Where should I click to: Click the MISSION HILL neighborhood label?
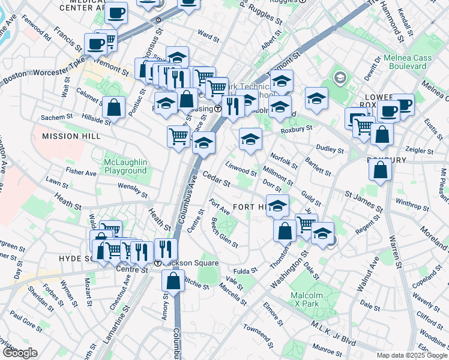coord(69,136)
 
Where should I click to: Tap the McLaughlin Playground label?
coord(125,166)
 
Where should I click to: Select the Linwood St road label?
coord(241,168)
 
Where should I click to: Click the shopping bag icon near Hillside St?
coord(113,107)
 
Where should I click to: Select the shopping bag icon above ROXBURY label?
coord(381,134)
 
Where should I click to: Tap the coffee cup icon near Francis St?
coord(96,43)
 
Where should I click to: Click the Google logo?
coord(19,353)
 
